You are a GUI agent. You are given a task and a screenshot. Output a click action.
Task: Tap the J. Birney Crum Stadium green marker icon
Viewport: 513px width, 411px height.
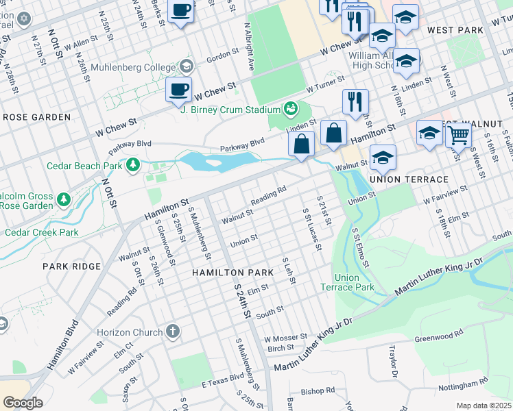point(290,109)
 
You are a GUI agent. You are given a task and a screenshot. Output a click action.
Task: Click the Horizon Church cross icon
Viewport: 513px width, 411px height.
point(172,332)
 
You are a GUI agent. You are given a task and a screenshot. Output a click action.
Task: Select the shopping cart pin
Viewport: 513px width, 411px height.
point(457,136)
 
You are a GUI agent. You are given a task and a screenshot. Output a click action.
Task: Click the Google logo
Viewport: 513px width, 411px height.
point(23,402)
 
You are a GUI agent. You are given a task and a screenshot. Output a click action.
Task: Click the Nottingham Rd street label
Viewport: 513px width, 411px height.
point(463,384)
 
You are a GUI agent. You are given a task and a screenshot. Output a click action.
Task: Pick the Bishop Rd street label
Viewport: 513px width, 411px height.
point(318,391)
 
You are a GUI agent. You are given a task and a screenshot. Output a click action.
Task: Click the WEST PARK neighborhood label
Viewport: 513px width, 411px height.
point(455,31)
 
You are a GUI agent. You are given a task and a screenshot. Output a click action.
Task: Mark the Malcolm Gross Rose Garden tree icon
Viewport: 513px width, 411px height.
point(64,199)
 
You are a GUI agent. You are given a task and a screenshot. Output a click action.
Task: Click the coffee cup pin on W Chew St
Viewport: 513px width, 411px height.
point(178,90)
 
